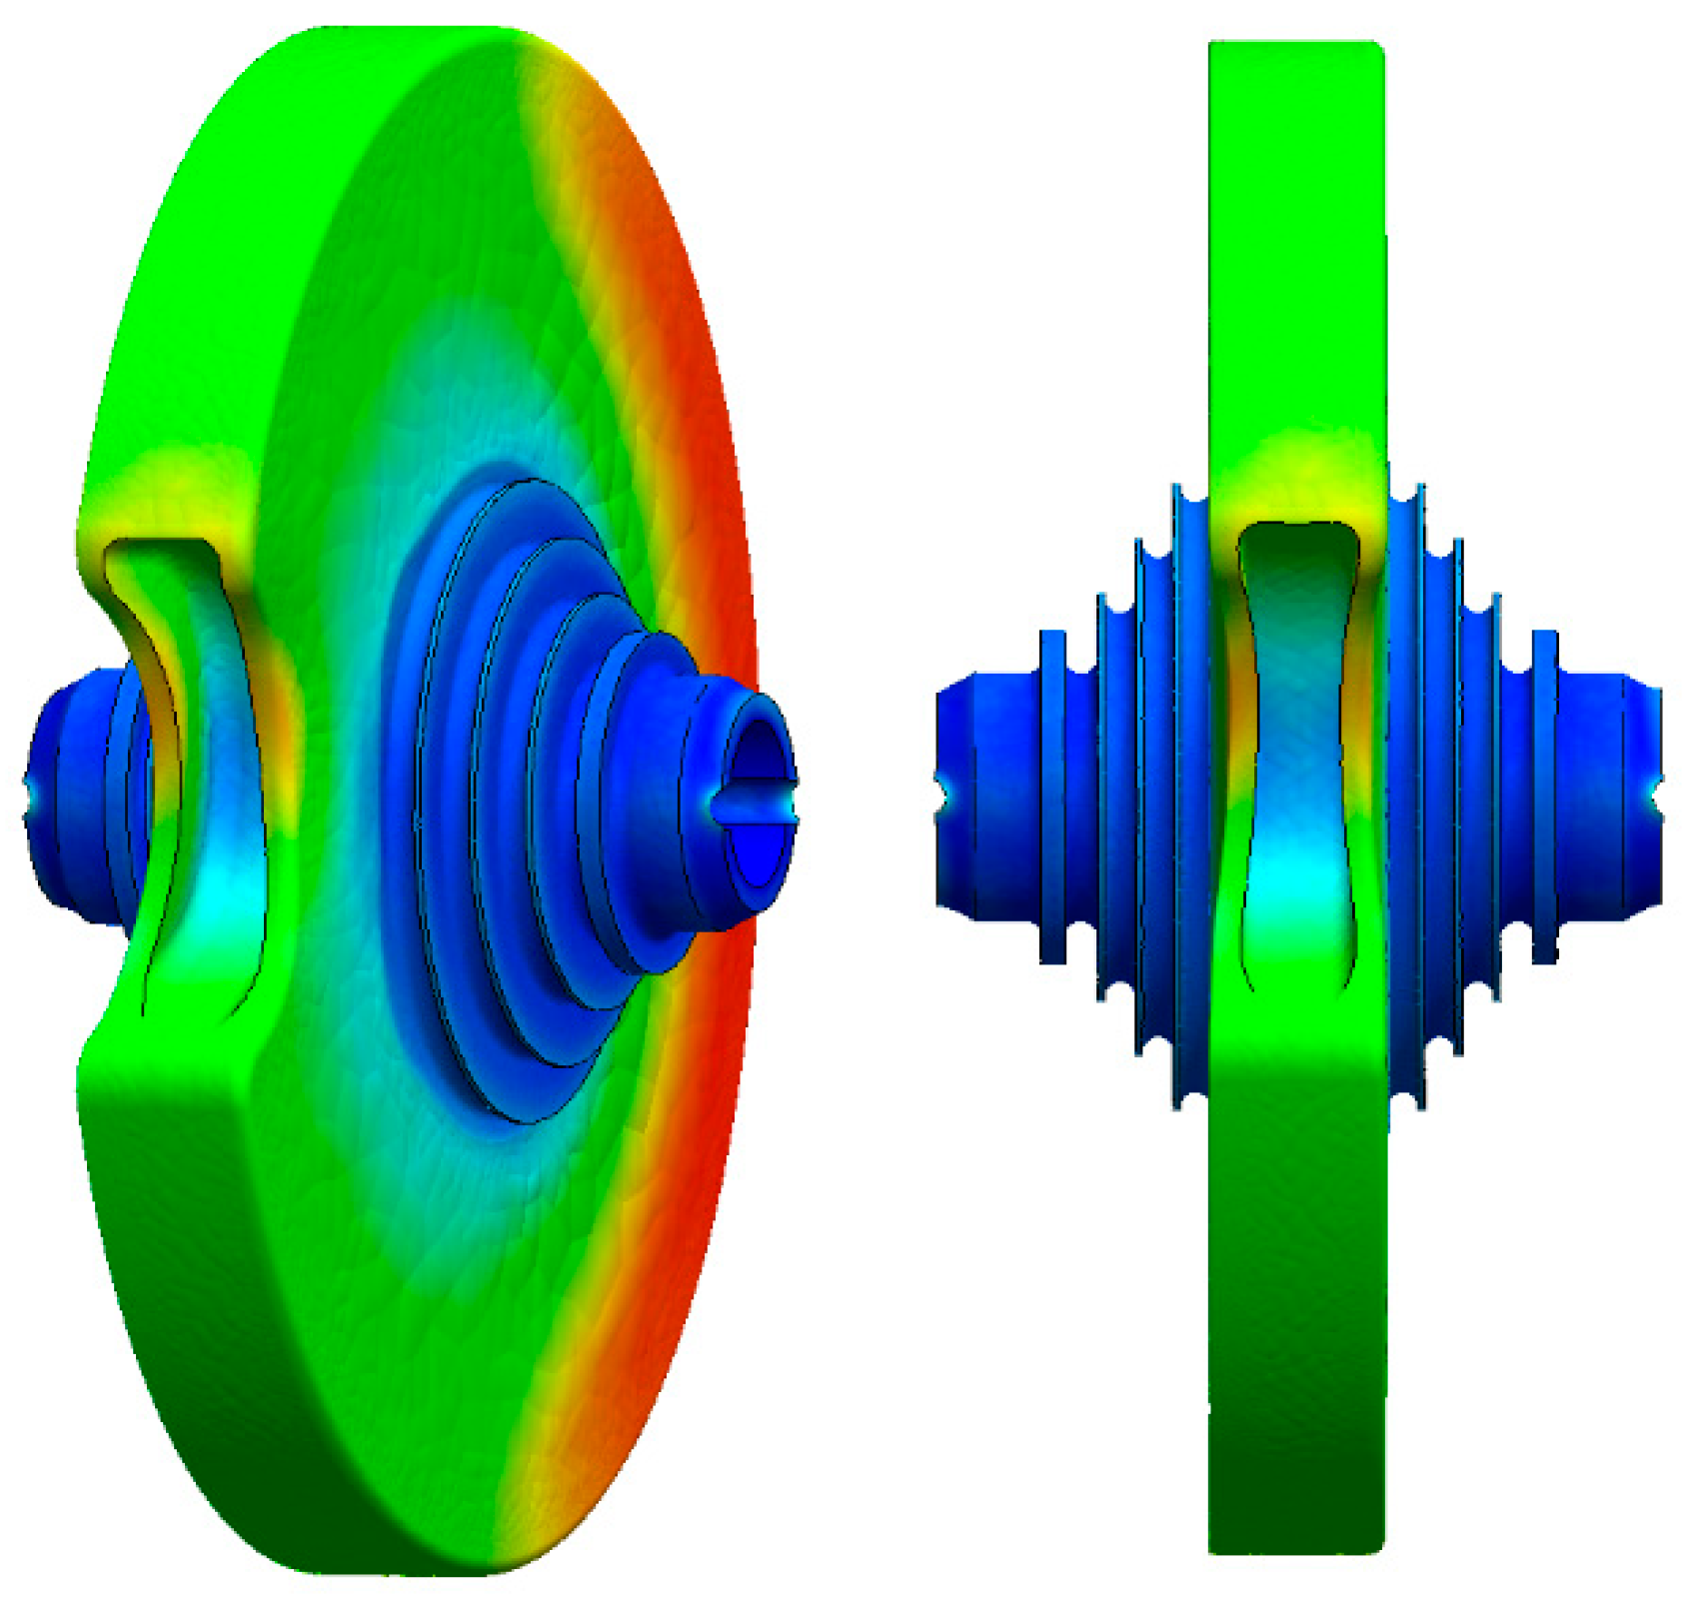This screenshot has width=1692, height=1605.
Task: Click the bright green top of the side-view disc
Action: coord(1296,200)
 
